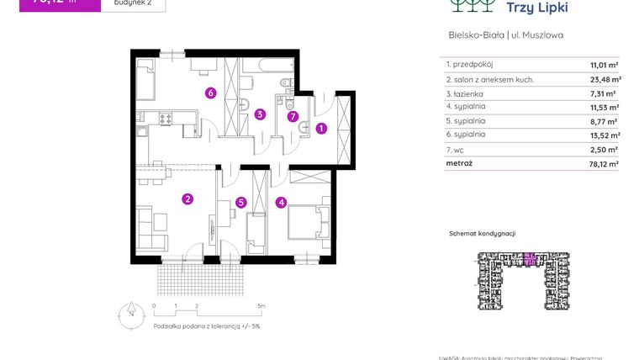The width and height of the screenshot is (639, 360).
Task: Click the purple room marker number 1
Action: click(321, 129)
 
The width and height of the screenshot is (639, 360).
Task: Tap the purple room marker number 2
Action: click(187, 199)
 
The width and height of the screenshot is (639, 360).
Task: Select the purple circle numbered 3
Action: click(261, 114)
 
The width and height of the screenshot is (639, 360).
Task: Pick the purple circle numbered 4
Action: click(281, 202)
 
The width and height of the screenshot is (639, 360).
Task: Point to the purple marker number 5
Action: click(240, 202)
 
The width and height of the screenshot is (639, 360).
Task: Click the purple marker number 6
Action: click(211, 93)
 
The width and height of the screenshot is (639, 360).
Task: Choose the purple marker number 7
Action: click(292, 117)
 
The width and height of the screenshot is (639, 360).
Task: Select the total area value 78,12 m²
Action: click(603, 164)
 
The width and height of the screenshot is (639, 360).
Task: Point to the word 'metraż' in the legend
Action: click(460, 163)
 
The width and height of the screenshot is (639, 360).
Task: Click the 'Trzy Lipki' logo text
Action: click(537, 8)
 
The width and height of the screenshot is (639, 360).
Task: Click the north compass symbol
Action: click(130, 315)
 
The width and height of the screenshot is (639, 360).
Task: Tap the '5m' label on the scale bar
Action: click(261, 306)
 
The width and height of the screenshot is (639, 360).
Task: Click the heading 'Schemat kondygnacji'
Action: click(482, 233)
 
